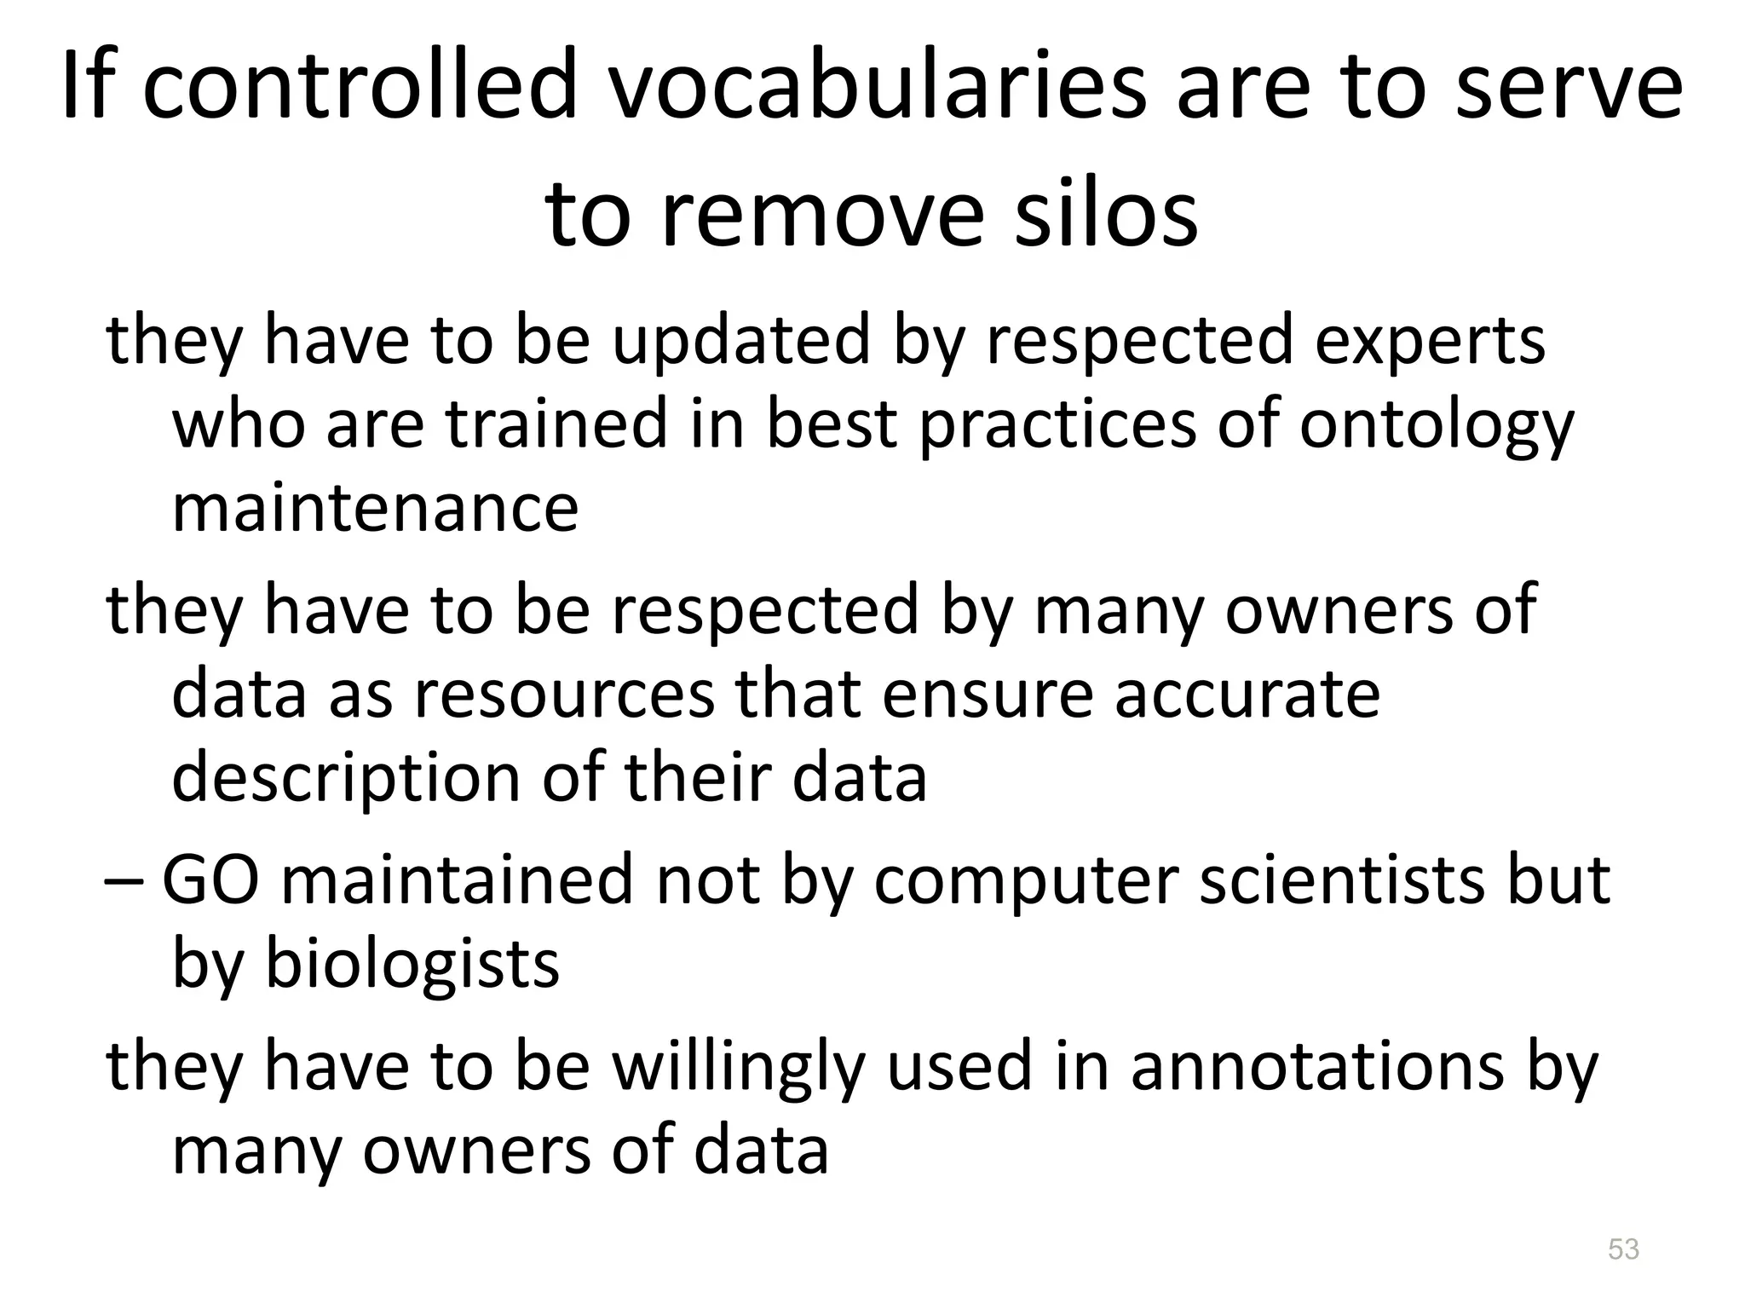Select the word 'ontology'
click(x=1437, y=426)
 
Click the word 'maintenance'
click(x=376, y=508)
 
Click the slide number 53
click(x=1623, y=1249)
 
